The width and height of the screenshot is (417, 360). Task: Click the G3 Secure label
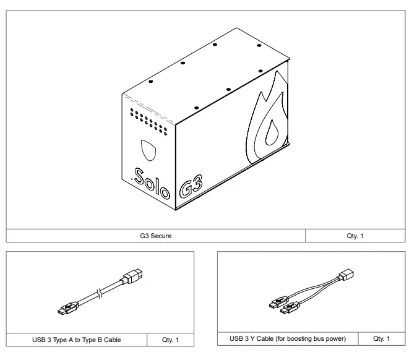click(155, 236)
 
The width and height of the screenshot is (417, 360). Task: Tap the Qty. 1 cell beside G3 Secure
click(355, 236)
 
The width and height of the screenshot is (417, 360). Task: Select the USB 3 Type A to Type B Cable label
click(77, 340)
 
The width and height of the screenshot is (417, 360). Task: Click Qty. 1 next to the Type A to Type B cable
click(170, 340)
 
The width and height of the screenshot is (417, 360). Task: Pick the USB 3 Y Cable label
click(288, 338)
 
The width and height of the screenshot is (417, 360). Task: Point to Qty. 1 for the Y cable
click(382, 338)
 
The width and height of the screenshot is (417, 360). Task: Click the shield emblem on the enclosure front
click(148, 150)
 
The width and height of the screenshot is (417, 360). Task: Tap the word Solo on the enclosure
click(152, 182)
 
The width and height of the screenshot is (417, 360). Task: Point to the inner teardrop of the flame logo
click(271, 134)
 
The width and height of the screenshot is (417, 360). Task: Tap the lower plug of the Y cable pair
click(288, 309)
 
